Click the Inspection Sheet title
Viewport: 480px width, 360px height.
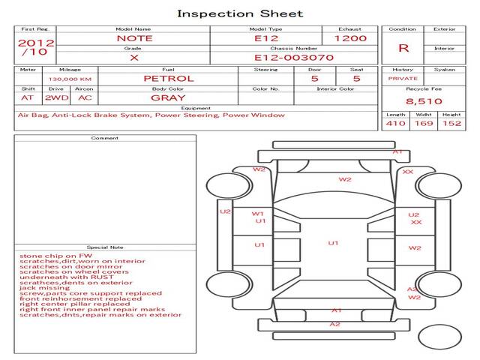coord(240,13)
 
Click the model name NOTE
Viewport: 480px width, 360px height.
coord(134,38)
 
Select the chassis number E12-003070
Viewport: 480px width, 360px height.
coord(293,57)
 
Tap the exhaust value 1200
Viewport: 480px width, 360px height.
coord(350,38)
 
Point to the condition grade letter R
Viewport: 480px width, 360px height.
coord(403,49)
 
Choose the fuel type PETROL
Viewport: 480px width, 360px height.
coord(168,78)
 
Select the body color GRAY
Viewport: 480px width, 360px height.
coord(168,97)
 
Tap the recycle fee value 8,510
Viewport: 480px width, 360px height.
coord(424,101)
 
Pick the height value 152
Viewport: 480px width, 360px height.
coord(451,123)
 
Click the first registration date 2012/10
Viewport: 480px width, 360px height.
coord(35,47)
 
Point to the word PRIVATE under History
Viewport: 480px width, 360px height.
coord(402,78)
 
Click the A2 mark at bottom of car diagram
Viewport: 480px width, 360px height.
coord(335,324)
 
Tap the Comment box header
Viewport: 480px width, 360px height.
coord(105,138)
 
